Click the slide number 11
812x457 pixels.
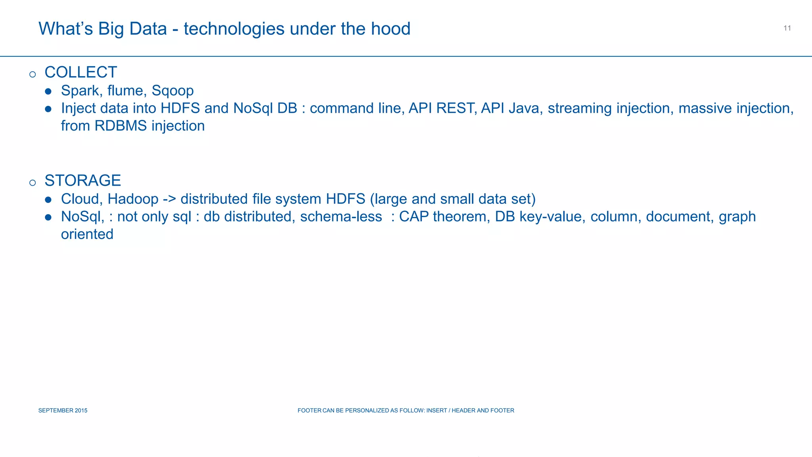click(787, 28)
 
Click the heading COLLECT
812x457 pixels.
click(81, 72)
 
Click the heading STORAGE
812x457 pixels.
click(82, 180)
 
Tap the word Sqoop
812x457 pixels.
click(172, 91)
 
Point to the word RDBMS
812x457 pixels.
click(121, 126)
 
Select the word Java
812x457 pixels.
click(525, 108)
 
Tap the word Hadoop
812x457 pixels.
click(133, 199)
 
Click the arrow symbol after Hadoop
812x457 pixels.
click(169, 199)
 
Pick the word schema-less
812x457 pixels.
click(341, 217)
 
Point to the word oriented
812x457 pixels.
click(87, 234)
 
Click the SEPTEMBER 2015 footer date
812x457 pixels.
click(63, 411)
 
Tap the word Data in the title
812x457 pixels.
click(148, 29)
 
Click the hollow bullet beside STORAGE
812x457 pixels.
click(33, 182)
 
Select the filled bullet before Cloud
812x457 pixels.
click(48, 200)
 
